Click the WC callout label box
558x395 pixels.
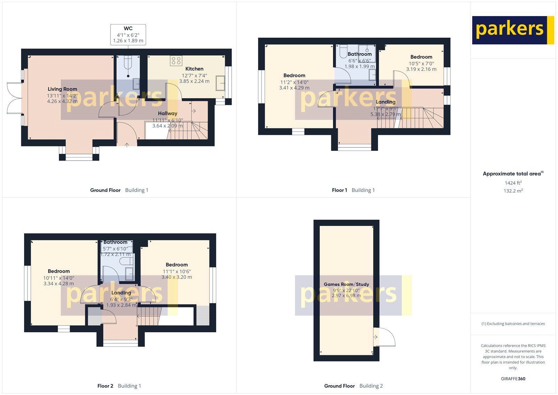pos(128,35)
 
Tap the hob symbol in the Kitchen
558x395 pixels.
pos(176,61)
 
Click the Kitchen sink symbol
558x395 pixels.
pos(220,83)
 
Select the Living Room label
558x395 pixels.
pos(62,89)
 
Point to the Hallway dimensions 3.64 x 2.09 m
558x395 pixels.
pos(167,126)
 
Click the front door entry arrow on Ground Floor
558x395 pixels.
pos(127,144)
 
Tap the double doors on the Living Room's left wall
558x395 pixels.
pos(15,98)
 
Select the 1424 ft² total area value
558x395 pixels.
pos(513,183)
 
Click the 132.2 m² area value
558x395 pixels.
pos(513,191)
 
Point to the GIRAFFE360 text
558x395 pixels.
pos(513,379)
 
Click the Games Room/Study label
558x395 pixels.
pos(346,284)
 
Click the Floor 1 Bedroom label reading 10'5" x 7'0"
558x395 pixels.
pos(421,57)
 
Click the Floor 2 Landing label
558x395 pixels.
pos(121,293)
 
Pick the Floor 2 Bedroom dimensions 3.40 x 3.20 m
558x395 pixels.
pos(176,277)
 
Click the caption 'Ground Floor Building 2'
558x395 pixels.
pos(353,386)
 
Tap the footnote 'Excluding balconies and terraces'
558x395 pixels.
pos(513,324)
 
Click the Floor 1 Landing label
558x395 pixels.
pos(385,102)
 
